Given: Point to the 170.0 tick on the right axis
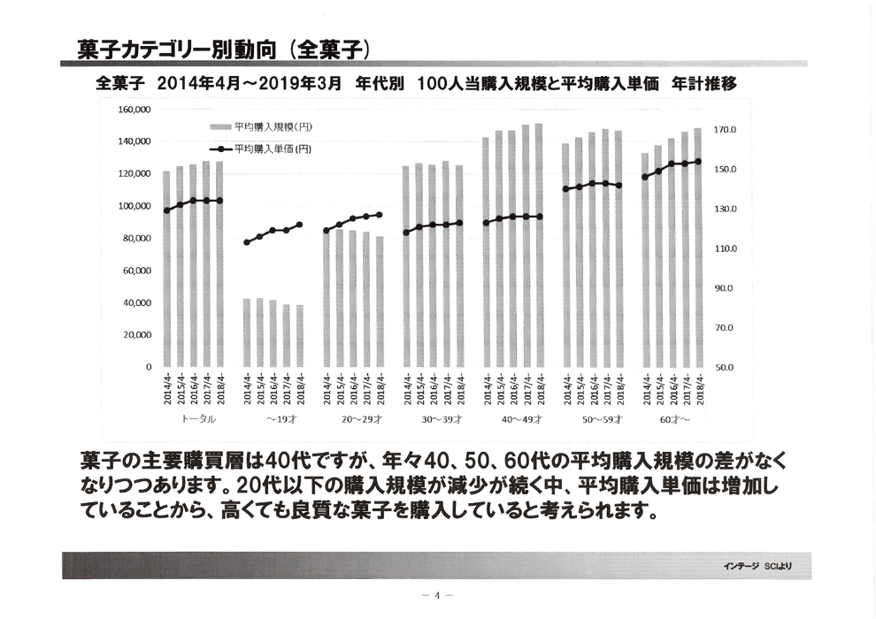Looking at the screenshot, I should [x=725, y=130].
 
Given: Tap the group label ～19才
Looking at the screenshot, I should [x=273, y=419].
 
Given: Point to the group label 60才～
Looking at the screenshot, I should [x=674, y=419].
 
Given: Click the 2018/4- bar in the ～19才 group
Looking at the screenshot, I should [x=299, y=336].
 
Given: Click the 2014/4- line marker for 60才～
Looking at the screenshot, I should [x=645, y=177].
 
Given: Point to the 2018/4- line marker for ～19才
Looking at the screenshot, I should [x=299, y=225].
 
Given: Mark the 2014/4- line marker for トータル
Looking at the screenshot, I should [x=166, y=210].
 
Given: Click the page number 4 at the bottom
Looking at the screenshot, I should [x=437, y=595].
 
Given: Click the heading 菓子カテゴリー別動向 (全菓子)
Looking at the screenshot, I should [x=222, y=49].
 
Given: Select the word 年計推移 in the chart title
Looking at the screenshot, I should [x=704, y=85].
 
